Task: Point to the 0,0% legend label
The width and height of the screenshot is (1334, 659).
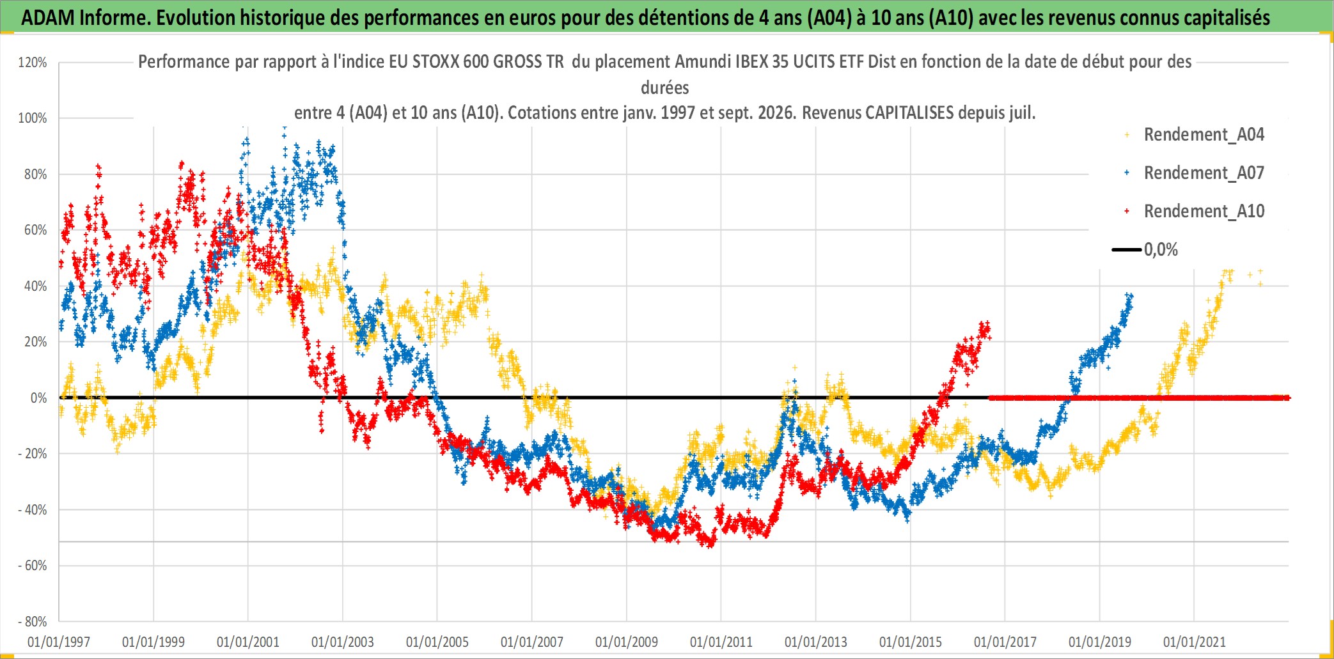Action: pos(1161,250)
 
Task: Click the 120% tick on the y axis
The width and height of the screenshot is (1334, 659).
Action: pos(33,63)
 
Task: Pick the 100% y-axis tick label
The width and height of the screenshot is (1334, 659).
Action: pos(33,118)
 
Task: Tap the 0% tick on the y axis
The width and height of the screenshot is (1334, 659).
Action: pos(39,398)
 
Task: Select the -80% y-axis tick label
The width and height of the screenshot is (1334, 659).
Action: pos(33,621)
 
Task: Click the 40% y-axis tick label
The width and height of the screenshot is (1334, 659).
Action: pos(36,286)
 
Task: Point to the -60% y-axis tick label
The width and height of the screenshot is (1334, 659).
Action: pos(33,566)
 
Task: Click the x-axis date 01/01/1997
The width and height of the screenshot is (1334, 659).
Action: pos(59,642)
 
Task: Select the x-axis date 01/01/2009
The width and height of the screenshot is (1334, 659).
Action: pos(627,642)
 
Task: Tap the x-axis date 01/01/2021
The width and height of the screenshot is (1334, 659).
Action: pos(1195,642)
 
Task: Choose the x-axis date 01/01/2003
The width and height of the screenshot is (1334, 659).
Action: pos(343,642)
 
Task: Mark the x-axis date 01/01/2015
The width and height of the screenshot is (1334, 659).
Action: pos(911,642)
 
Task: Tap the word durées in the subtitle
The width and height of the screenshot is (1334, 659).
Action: pos(665,88)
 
